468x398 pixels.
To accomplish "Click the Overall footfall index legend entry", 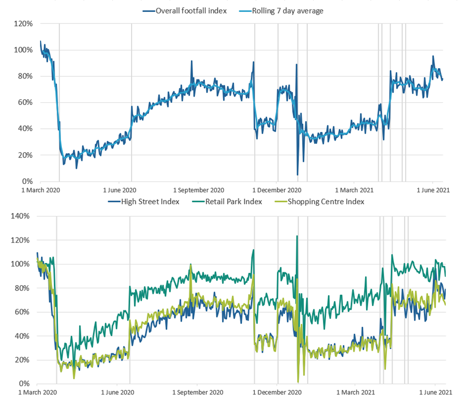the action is [x=185, y=11].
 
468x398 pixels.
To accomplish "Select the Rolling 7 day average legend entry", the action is [x=281, y=11].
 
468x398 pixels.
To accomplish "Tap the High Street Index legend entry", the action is [x=144, y=202].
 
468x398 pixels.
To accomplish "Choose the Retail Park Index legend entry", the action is [x=227, y=202].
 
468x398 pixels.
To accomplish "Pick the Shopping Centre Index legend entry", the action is [x=319, y=202].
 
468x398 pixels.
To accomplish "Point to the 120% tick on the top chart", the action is [x=23, y=23].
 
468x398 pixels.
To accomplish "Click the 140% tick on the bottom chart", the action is [x=20, y=216].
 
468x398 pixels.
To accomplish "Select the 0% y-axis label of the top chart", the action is [x=28, y=181].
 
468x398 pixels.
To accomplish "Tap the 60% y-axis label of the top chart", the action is [x=25, y=102].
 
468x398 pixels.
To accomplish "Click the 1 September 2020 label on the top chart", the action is [x=199, y=190].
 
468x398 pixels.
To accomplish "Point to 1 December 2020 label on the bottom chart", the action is [x=277, y=392].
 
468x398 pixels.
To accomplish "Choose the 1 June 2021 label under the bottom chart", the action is [x=435, y=392].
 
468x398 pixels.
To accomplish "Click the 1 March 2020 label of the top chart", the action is [x=41, y=190].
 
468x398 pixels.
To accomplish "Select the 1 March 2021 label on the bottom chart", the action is [x=356, y=392].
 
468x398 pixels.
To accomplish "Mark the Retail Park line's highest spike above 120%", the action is [x=297, y=236].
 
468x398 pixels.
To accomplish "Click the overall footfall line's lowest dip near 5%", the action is [x=297, y=175].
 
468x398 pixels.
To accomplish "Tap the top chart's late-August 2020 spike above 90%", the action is [x=191, y=61].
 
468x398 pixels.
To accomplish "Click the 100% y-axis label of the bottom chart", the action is [x=20, y=264].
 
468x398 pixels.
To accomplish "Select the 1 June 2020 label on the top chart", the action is [x=120, y=190].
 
